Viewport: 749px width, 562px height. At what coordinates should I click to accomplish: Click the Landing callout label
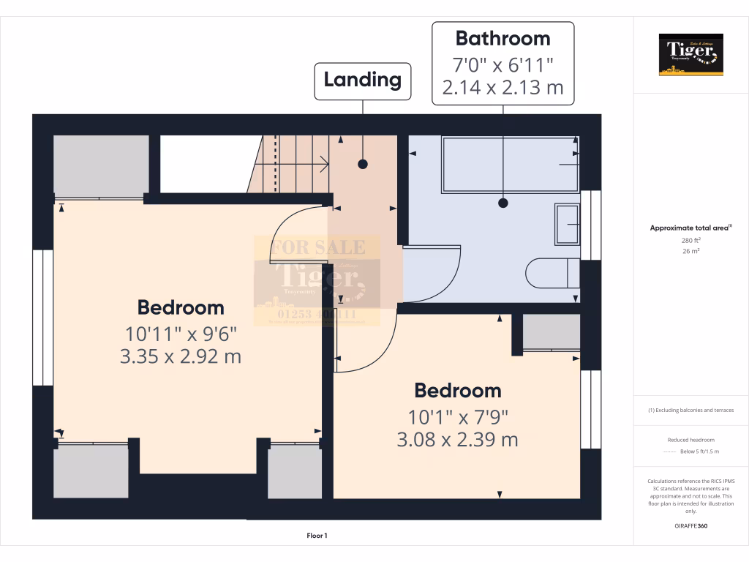point(363,80)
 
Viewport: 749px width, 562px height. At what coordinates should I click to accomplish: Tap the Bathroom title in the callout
point(503,38)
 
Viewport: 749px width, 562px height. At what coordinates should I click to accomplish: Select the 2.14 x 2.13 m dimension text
point(503,88)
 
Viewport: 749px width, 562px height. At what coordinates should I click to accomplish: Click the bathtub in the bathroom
point(509,165)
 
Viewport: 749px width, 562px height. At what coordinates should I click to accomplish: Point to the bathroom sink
point(567,224)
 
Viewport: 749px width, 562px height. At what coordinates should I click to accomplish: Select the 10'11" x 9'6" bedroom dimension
point(181,334)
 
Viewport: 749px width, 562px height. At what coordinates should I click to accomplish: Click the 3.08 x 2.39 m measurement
point(458,440)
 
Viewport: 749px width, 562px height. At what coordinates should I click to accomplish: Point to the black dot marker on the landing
point(362,165)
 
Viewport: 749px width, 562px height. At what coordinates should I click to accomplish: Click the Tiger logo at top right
point(690,54)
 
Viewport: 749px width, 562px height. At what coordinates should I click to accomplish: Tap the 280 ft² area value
point(691,240)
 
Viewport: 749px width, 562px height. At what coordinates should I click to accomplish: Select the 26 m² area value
point(691,251)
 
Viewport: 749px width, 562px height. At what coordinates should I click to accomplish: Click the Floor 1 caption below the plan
point(317,536)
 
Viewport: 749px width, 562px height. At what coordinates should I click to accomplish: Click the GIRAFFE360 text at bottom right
point(691,526)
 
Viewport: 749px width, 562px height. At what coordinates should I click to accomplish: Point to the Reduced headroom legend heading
point(691,440)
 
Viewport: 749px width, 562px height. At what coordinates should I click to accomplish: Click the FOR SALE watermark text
point(317,248)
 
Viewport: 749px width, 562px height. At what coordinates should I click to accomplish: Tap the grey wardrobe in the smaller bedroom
point(551,331)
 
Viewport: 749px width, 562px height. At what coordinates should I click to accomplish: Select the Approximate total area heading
point(690,228)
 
